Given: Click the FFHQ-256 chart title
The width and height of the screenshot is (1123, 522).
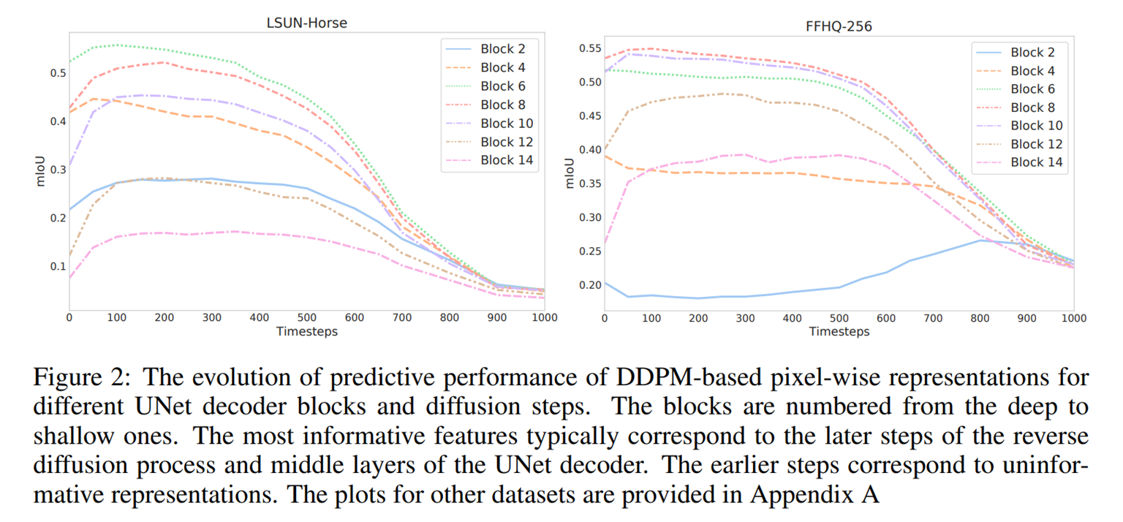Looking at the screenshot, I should (838, 26).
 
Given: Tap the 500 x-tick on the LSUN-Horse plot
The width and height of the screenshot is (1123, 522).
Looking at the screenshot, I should (306, 317).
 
